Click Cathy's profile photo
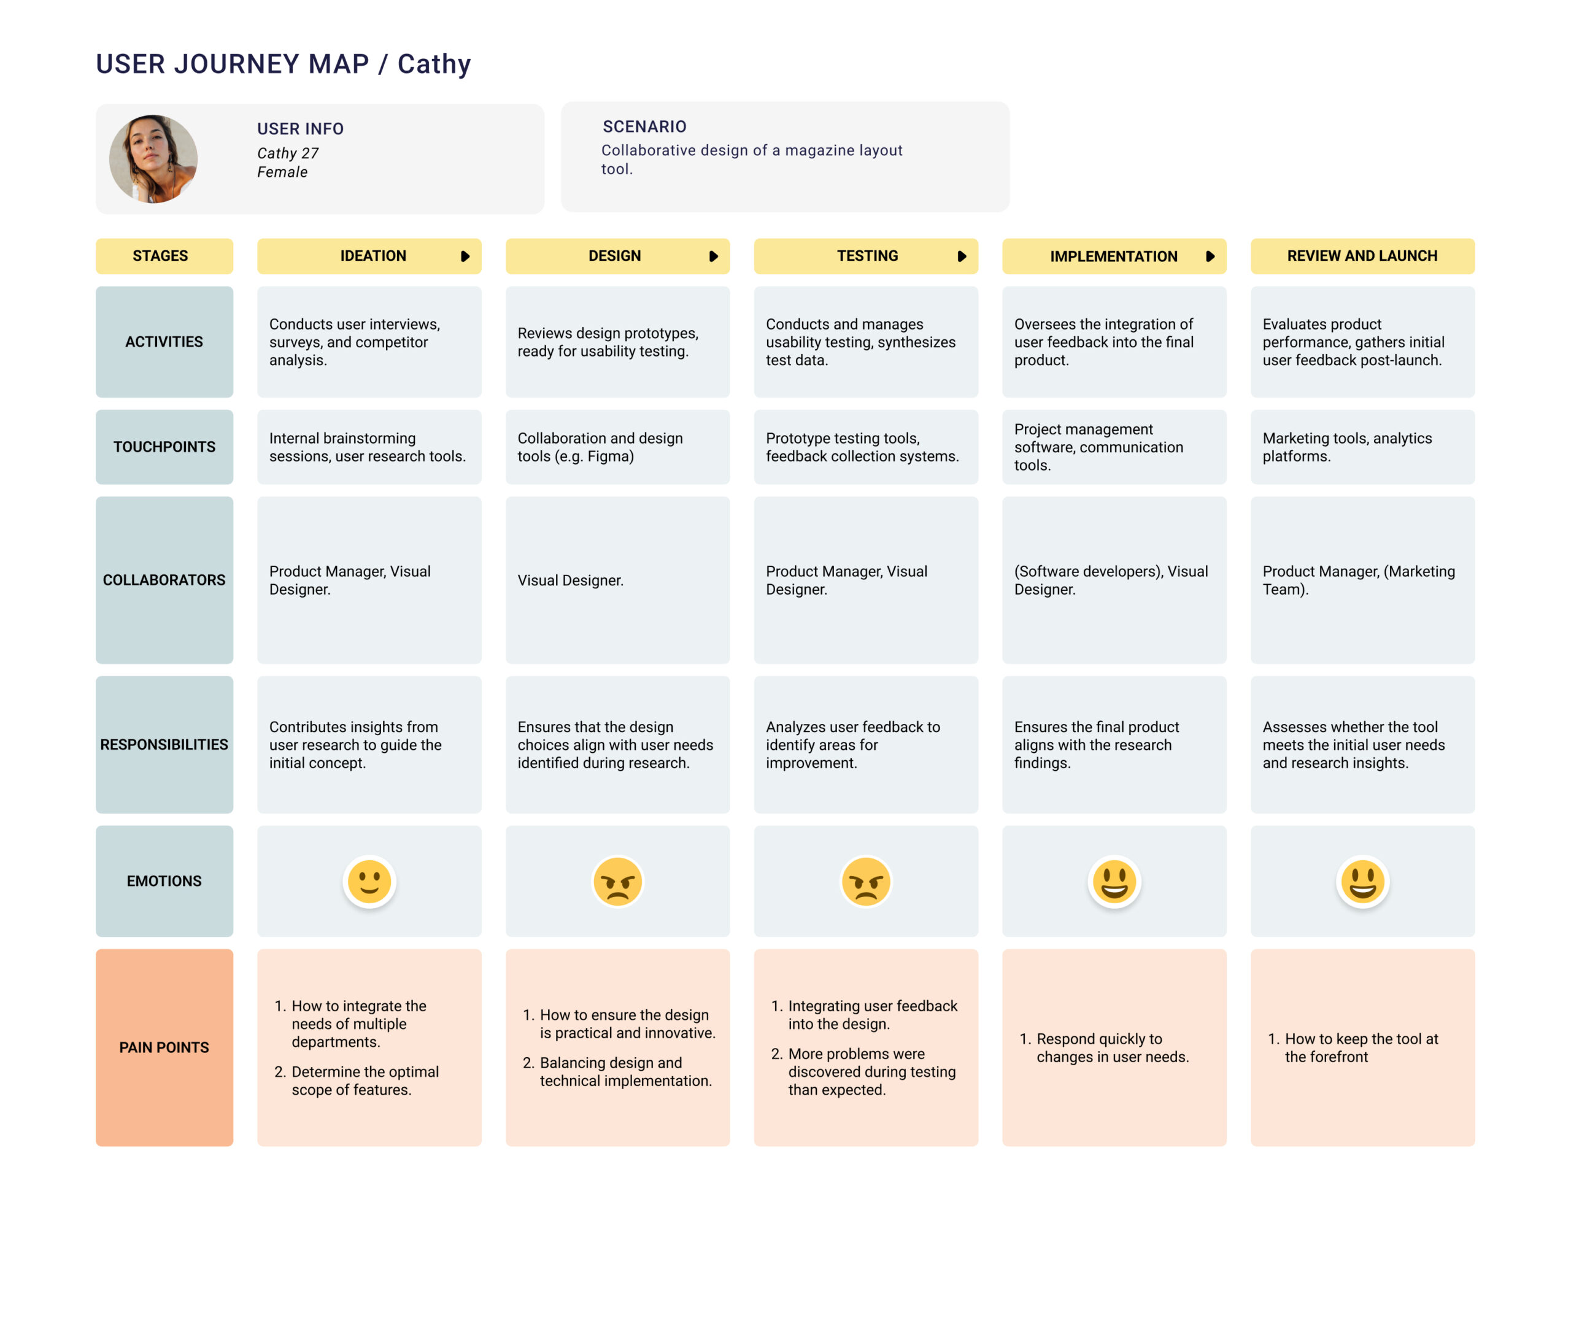pos(153,158)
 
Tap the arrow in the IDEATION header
pos(465,256)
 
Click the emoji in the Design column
pos(617,881)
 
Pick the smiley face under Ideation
pos(369,881)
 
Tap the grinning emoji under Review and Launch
pos(1362,881)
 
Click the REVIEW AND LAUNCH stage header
pos(1362,256)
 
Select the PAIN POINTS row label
pos(164,1047)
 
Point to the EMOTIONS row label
pos(164,881)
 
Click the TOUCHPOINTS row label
pos(164,447)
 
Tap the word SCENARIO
pos(644,126)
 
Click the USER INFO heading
pos(300,129)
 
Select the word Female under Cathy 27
pos(282,172)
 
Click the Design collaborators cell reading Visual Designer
pos(570,580)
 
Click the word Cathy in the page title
pos(434,64)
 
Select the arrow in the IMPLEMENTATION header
pos(1210,256)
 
